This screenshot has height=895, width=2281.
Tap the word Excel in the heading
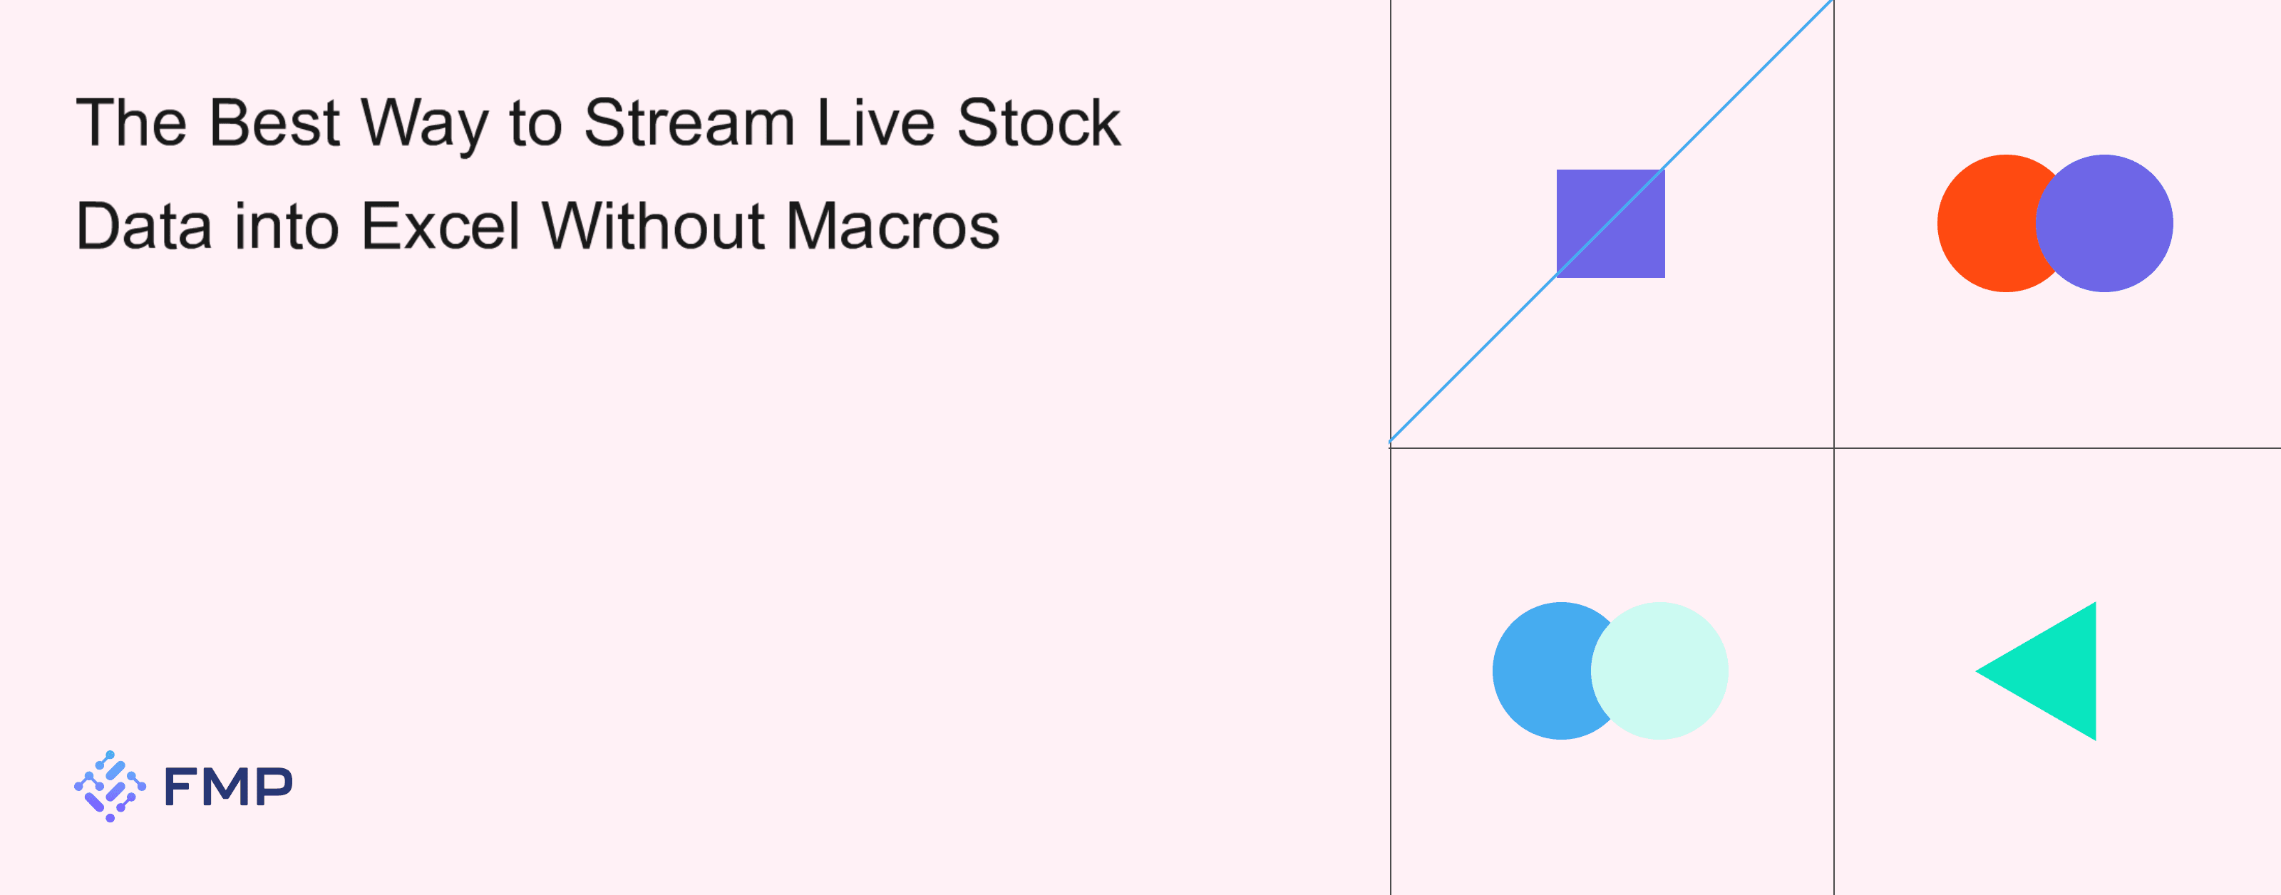pyautogui.click(x=441, y=226)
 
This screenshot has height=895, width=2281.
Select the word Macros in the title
pyautogui.click(x=892, y=226)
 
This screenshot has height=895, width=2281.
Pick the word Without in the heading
pyautogui.click(x=654, y=226)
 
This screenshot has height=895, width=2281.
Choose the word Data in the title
pyautogui.click(x=144, y=226)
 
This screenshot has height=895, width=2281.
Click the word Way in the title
pyautogui.click(x=425, y=125)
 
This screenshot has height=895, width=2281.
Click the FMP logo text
pyautogui.click(x=228, y=786)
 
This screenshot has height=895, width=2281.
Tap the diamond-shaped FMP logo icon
pyautogui.click(x=110, y=786)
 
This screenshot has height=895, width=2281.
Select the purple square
pyautogui.click(x=1611, y=223)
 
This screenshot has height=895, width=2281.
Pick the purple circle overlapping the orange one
pyautogui.click(x=2104, y=223)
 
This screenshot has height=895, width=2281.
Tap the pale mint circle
pyautogui.click(x=1659, y=671)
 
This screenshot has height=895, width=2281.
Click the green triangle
pyautogui.click(x=2054, y=671)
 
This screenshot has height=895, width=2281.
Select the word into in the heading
pyautogui.click(x=287, y=226)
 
